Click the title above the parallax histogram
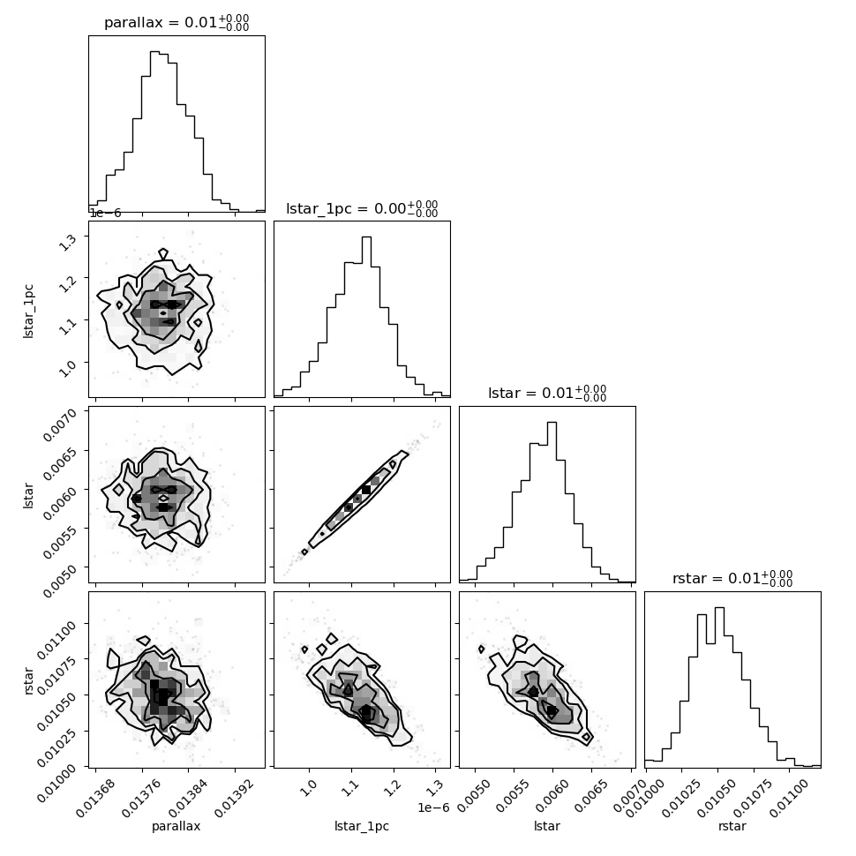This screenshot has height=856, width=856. tap(176, 23)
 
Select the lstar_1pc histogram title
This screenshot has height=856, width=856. tap(362, 208)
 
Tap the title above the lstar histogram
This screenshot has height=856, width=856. tap(547, 394)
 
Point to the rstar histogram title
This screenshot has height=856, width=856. tap(732, 579)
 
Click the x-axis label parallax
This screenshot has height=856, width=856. tap(176, 826)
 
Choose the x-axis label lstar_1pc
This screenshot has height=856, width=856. tap(362, 826)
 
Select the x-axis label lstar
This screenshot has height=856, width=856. tap(547, 826)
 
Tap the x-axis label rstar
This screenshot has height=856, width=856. tap(732, 826)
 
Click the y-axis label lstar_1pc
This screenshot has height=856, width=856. tap(29, 309)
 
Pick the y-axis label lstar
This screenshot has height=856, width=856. tap(29, 494)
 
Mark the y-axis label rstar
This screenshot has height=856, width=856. tap(29, 680)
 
